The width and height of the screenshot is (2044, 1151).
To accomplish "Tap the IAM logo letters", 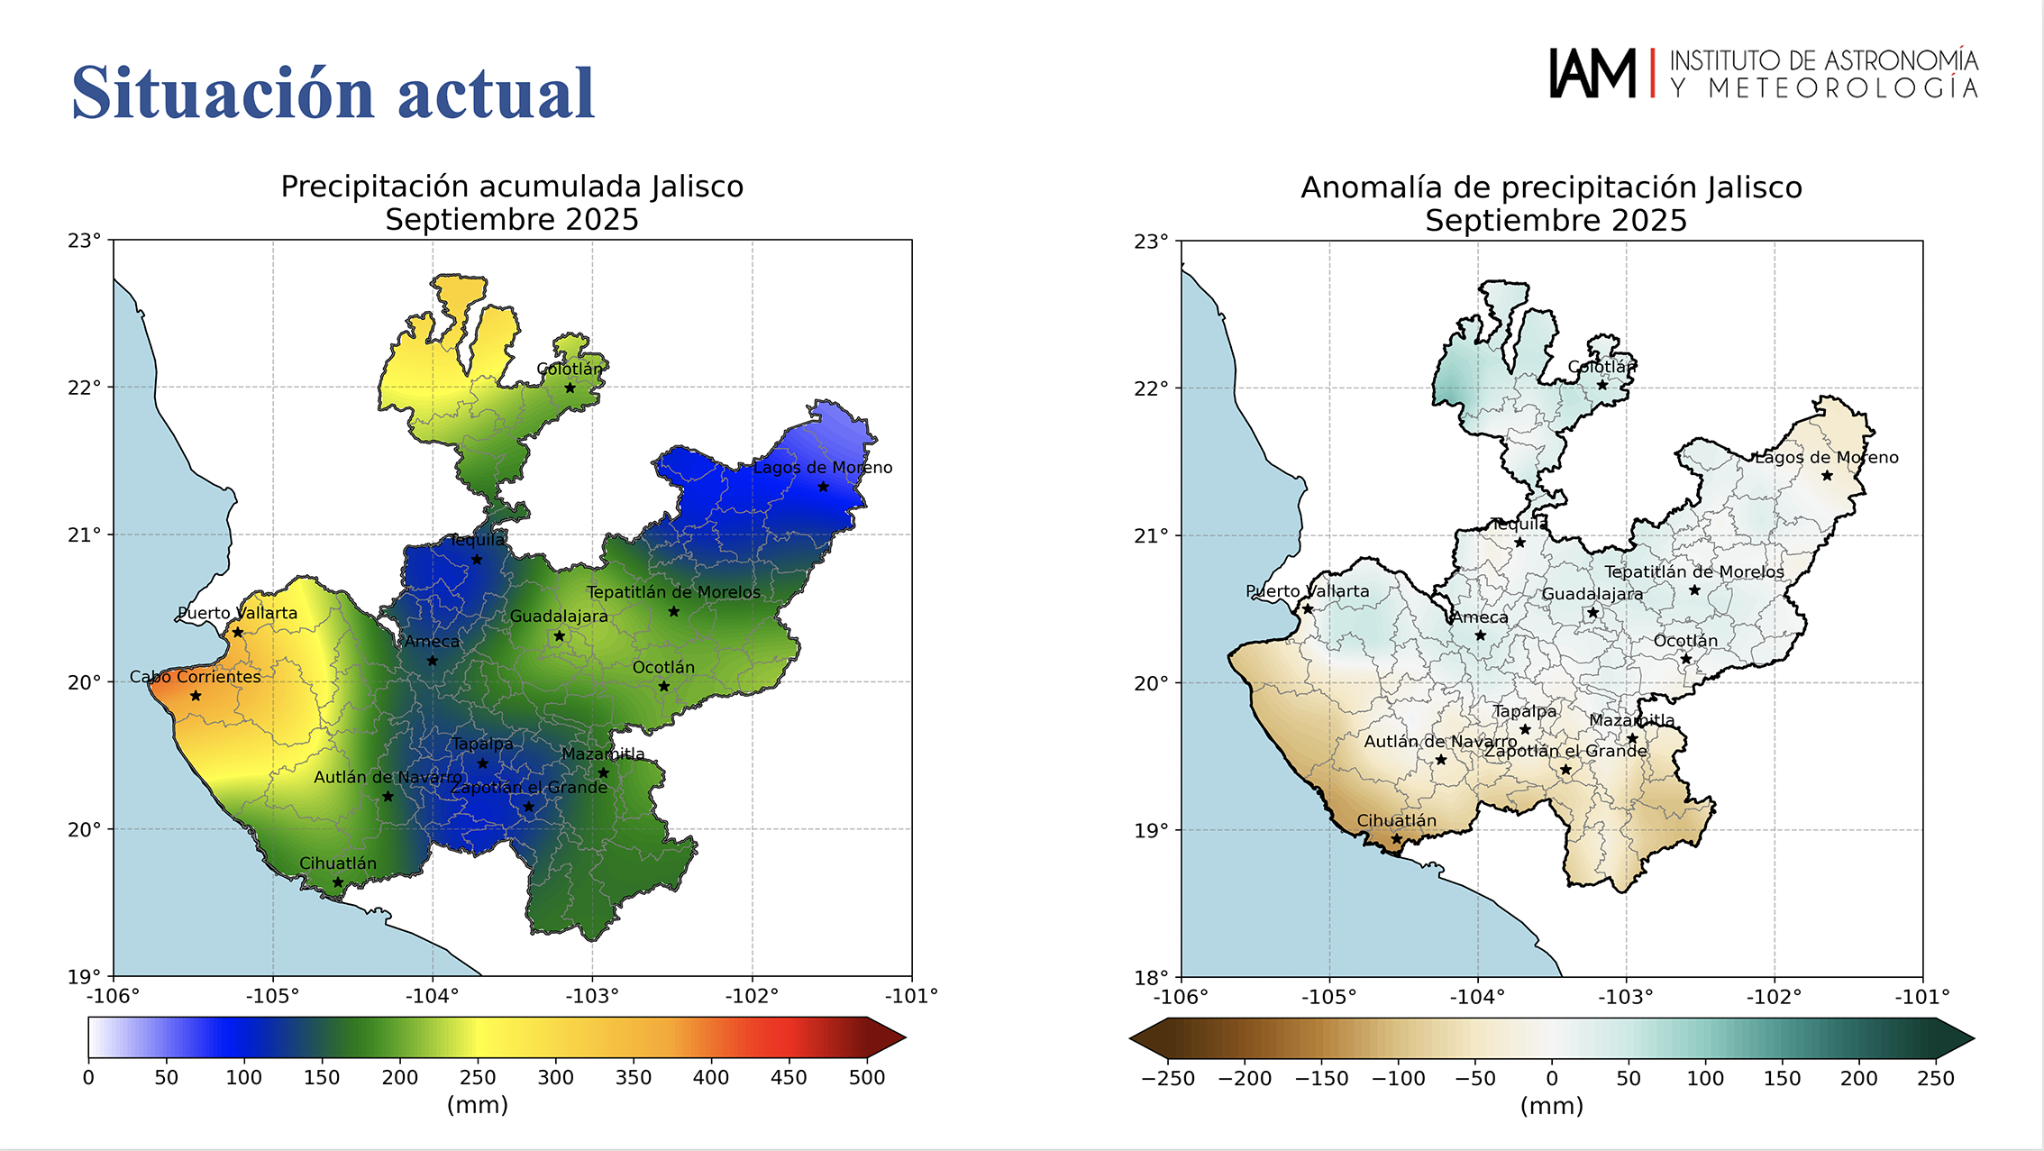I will click(x=1592, y=73).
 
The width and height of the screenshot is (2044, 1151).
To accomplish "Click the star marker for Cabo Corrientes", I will click(x=196, y=696).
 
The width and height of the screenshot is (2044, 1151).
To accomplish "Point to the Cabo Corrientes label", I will click(x=195, y=677).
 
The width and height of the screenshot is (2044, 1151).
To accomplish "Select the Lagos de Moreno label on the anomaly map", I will click(x=1827, y=458).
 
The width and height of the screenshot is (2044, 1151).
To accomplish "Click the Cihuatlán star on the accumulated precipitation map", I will click(x=338, y=882).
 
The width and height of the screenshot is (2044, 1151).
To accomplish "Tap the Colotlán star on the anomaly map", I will click(x=1602, y=386).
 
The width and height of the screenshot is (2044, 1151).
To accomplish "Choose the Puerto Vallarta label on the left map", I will click(x=237, y=613).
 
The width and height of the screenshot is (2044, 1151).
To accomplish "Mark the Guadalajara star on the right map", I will click(x=1592, y=613).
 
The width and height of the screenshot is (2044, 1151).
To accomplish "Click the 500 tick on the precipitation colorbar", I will click(x=867, y=1078).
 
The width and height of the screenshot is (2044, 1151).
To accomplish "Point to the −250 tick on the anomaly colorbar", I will click(x=1168, y=1079).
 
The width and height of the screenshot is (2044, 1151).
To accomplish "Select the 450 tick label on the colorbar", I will click(x=789, y=1078).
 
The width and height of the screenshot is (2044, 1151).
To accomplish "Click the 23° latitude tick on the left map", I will click(x=85, y=241).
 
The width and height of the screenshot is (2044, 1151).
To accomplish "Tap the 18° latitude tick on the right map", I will click(x=1152, y=977).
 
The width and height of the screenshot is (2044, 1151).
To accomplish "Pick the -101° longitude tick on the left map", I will click(x=911, y=996).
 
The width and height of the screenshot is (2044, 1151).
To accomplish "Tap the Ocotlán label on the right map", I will click(x=1685, y=641).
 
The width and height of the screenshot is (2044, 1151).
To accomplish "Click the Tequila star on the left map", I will click(x=477, y=560).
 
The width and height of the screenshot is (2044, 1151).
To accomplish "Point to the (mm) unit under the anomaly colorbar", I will click(x=1551, y=1106).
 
